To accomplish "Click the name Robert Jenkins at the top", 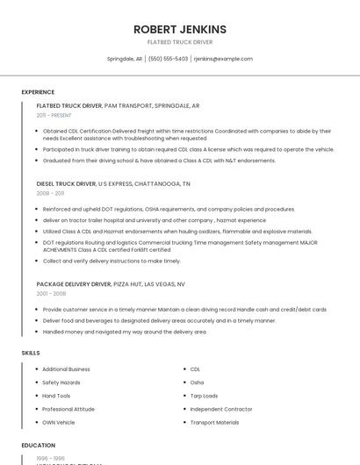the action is (180, 29).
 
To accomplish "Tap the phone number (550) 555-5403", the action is (168, 59).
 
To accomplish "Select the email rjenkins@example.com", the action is (223, 59).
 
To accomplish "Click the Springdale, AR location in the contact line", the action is (125, 59).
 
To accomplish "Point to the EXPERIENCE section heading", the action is (38, 92).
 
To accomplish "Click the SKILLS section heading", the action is (31, 353).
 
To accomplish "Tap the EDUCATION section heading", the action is (39, 445).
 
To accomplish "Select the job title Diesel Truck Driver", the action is (66, 184).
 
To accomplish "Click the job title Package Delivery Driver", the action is (74, 284).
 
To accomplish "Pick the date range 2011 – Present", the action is (54, 115).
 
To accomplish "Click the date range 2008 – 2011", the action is (50, 193).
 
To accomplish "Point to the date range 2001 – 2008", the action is (51, 294).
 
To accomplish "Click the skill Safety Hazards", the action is (61, 383).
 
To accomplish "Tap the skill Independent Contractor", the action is (220, 409).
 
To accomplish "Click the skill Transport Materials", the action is (214, 422).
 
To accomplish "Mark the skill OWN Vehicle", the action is (60, 422).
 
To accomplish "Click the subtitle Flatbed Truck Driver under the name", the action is (180, 41).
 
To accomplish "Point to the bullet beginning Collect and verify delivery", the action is (112, 261).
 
